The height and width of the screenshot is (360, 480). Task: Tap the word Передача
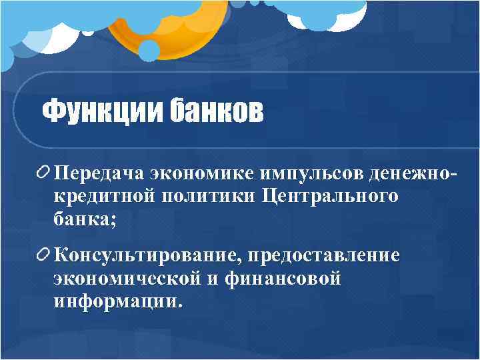point(101,175)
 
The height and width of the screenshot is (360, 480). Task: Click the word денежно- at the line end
point(413,175)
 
